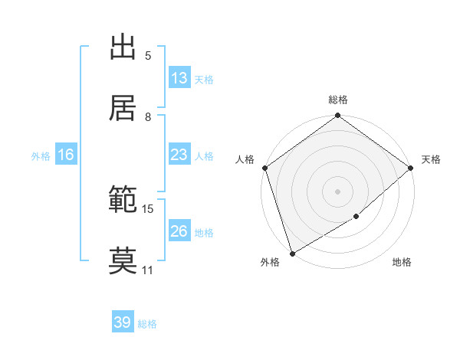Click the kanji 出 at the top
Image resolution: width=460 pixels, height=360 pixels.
coord(123,47)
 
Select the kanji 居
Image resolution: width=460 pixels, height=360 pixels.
coord(123,108)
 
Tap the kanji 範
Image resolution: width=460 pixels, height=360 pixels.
coord(123,200)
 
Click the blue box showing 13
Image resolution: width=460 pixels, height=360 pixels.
coord(179,78)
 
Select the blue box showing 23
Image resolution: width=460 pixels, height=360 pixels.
coord(179,155)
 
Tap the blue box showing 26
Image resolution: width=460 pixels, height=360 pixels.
coord(179,231)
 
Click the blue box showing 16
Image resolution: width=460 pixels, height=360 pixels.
coord(66,155)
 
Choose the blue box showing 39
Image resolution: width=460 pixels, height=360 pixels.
coord(123,322)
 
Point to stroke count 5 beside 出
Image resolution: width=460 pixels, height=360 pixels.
coord(148,56)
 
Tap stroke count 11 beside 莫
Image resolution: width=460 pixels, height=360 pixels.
coord(148,270)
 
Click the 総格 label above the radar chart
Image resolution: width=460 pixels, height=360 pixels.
coord(338,100)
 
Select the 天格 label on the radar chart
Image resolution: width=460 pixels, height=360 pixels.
coord(431,159)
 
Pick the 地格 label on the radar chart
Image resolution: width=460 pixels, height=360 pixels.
coord(402,263)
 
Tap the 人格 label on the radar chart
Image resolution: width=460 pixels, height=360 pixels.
coord(245,159)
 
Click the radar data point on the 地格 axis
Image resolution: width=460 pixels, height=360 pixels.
coord(356,217)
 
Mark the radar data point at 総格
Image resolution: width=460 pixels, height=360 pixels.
coord(338,116)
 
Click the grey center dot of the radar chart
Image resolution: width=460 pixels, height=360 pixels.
coord(338,191)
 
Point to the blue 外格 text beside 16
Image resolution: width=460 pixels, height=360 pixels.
coord(41,155)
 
